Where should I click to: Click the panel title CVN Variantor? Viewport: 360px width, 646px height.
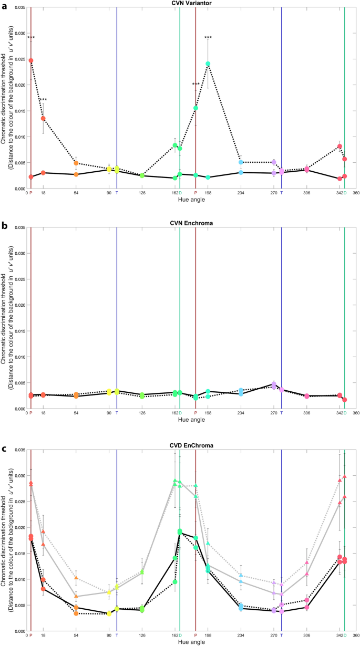point(188,3)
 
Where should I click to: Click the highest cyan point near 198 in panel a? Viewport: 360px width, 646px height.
point(208,64)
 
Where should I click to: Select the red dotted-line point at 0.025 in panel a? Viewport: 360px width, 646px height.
point(31,60)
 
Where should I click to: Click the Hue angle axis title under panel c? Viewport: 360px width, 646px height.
point(188,642)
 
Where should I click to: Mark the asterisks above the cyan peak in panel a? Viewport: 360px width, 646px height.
point(208,38)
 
